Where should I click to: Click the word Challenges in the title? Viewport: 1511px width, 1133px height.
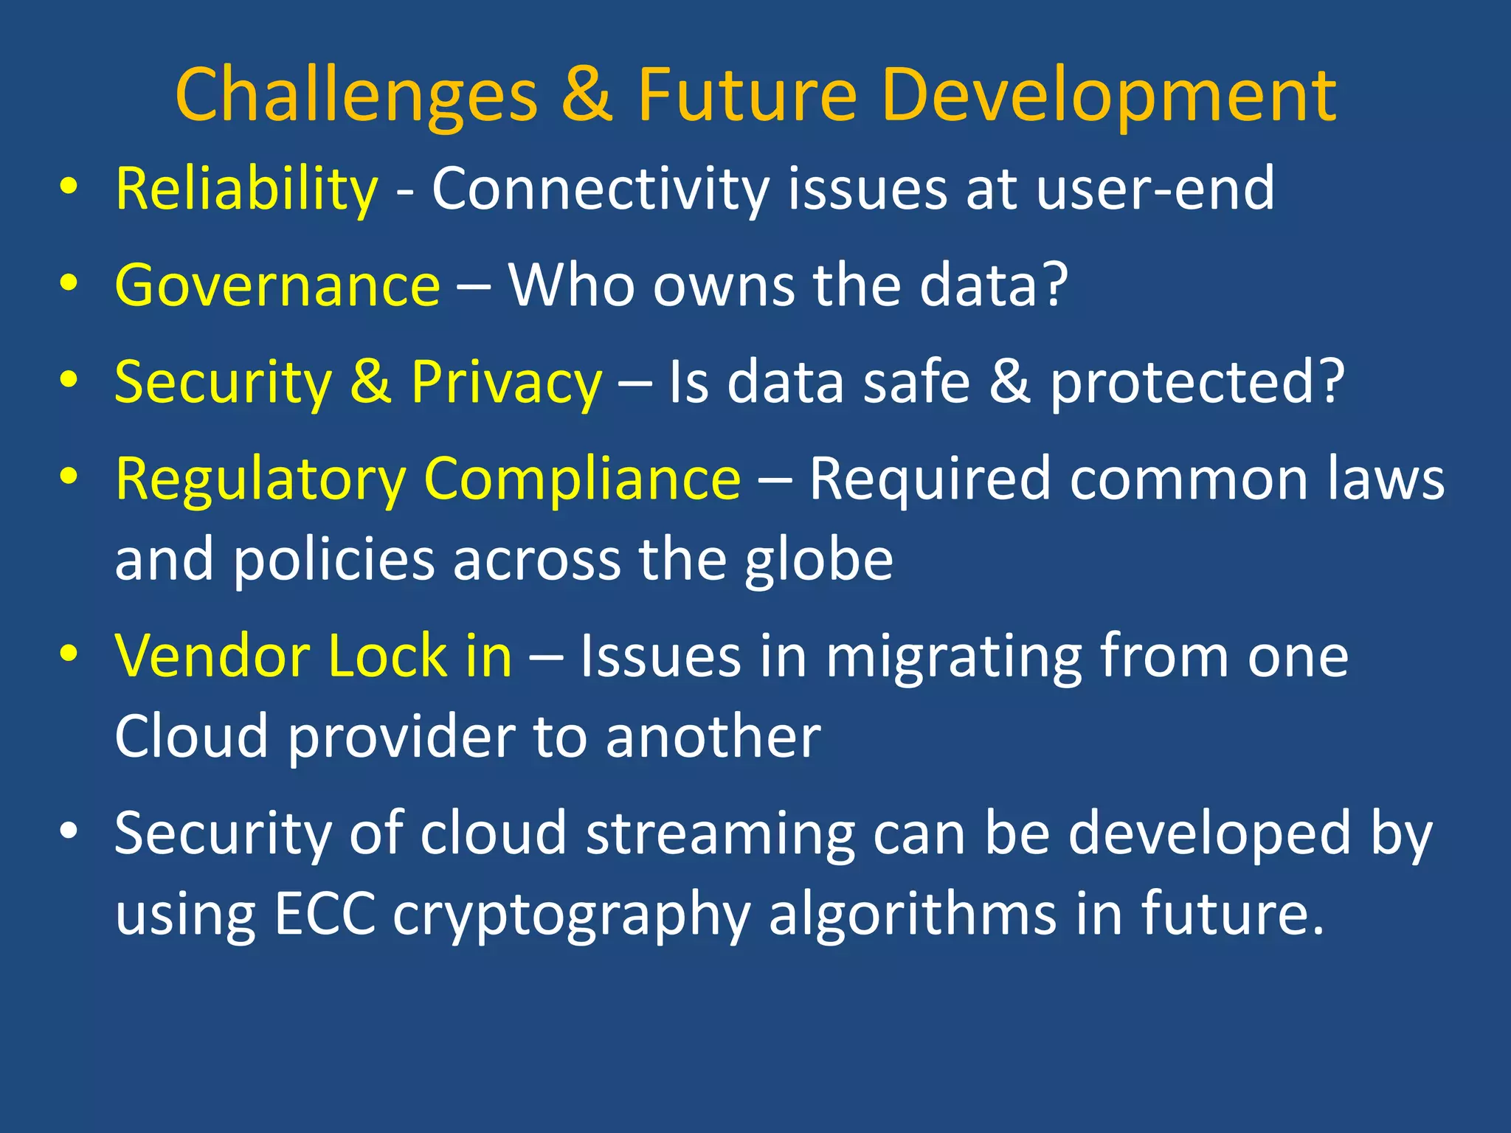356,96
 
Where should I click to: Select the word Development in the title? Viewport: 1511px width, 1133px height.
1108,96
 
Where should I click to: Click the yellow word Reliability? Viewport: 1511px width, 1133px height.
246,190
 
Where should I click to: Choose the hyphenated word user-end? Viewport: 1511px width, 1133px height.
1155,190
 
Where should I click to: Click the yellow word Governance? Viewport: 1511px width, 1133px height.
277,286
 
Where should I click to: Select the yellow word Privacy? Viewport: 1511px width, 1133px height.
506,384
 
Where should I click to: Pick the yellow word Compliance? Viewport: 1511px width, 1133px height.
582,479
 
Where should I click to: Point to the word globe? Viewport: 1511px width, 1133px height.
818,561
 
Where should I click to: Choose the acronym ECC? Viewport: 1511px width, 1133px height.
324,915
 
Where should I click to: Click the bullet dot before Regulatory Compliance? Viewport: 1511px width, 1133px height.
69,477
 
